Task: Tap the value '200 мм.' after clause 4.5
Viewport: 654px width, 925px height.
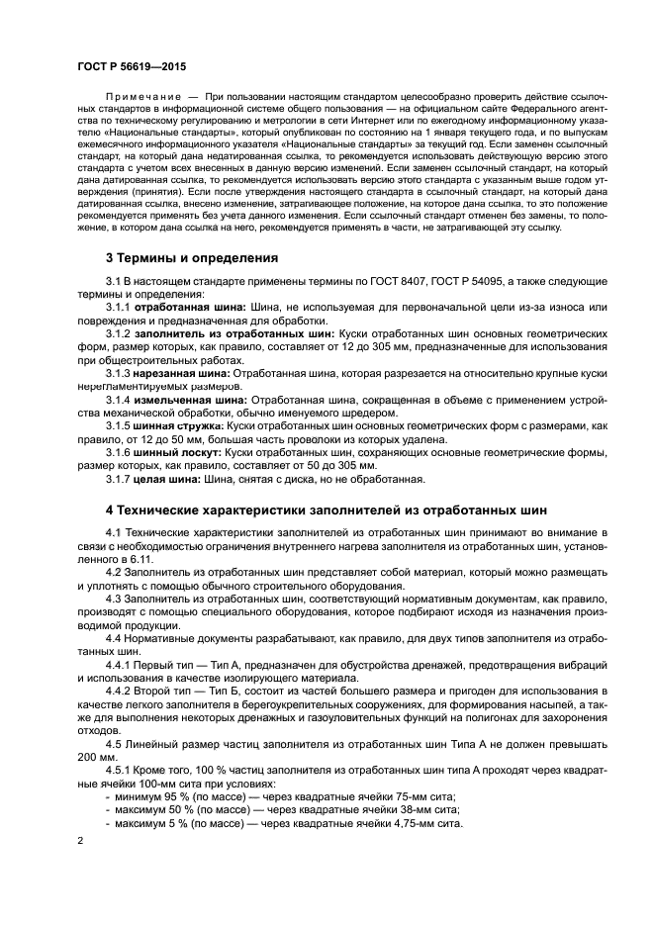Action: (x=99, y=757)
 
